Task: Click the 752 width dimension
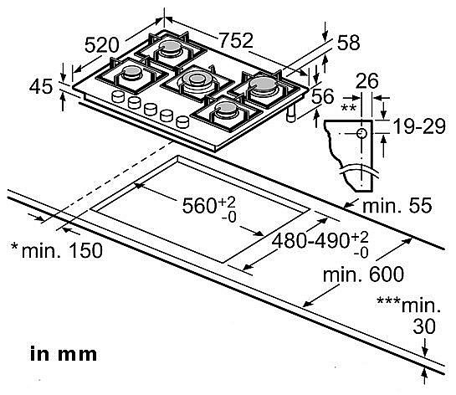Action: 236,40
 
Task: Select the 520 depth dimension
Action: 102,45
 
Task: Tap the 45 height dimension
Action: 41,86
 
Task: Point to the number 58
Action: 348,43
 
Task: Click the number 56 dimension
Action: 322,96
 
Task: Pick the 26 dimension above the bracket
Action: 367,81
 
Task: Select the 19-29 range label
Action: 419,126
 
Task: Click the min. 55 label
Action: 397,205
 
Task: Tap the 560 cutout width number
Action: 199,205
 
